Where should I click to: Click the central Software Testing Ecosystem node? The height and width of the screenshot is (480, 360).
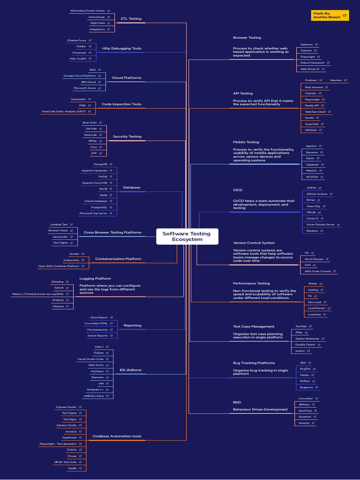coord(187,236)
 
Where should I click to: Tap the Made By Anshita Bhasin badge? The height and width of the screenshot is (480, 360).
coord(330,15)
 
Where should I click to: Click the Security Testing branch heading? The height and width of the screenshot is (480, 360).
coord(127,136)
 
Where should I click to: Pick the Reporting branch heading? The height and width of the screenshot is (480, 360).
coord(132,325)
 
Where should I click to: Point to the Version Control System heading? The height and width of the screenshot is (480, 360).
coord(254,243)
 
